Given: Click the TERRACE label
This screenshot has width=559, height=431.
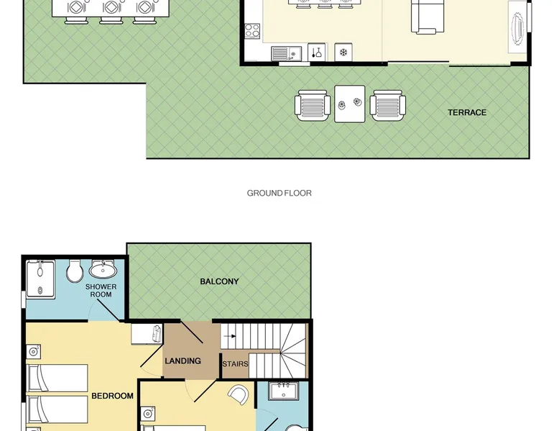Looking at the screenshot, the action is (x=466, y=112).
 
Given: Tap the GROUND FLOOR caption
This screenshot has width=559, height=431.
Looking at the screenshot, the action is (x=279, y=193).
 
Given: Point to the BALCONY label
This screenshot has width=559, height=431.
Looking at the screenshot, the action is (x=219, y=281).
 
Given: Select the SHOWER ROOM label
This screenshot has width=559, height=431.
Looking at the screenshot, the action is (x=101, y=290).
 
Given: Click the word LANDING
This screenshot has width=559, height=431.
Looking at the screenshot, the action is (x=183, y=361).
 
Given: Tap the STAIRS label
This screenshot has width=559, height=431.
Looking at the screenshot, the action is (x=235, y=364).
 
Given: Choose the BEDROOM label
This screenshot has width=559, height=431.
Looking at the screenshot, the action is (x=112, y=396).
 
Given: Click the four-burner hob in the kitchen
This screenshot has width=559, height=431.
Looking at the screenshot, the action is (x=252, y=31).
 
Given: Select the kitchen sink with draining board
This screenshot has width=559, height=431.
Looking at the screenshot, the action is (x=286, y=54).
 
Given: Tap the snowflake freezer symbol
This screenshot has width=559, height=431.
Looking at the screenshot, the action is (x=343, y=53).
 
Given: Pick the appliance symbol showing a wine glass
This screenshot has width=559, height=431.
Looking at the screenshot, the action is (x=317, y=53).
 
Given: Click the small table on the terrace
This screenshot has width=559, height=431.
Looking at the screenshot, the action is (x=349, y=104).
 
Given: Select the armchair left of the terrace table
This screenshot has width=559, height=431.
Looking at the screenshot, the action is (x=313, y=105).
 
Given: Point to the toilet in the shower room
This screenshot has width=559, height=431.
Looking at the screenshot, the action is (x=75, y=271).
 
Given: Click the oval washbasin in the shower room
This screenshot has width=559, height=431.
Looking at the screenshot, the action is (x=103, y=270).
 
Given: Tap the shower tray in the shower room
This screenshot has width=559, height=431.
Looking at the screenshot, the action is (x=41, y=279).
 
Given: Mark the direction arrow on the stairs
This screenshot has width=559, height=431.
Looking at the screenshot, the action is (x=230, y=336).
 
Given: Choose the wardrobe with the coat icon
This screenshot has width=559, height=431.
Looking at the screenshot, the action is (x=147, y=335).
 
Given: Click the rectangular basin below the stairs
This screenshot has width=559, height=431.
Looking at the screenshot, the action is (x=283, y=391).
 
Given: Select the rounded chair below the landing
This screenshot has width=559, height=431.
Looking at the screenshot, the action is (x=238, y=395).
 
